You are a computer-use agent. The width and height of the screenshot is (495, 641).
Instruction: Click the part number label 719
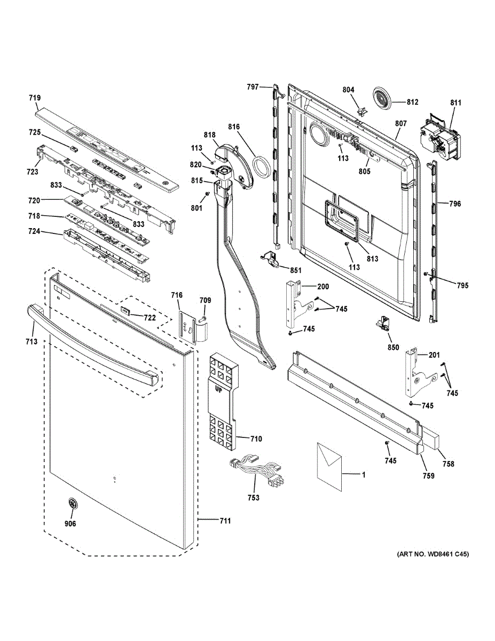click(x=35, y=98)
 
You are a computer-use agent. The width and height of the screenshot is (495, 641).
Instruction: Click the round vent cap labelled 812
click(x=382, y=100)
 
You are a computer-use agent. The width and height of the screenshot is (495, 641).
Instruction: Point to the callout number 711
click(x=225, y=521)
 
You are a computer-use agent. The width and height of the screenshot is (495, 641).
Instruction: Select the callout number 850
click(x=393, y=347)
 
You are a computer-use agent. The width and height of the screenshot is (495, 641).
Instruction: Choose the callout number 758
click(x=448, y=464)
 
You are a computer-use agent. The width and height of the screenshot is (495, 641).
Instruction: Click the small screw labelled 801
click(x=207, y=193)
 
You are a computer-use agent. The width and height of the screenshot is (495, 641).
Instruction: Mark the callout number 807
click(x=401, y=123)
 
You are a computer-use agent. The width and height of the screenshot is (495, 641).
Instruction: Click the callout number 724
click(x=34, y=232)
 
